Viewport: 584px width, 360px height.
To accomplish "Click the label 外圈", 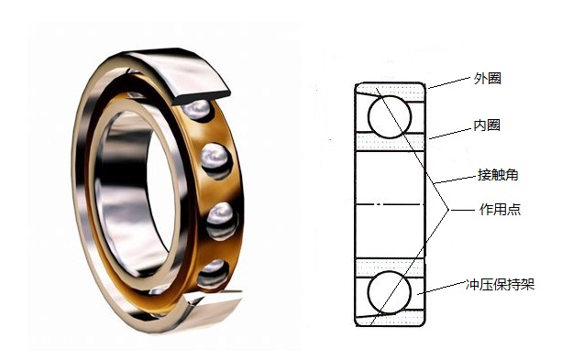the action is (x=487, y=79).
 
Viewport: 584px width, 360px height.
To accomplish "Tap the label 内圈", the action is (x=487, y=125).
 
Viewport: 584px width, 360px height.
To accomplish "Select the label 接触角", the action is (x=498, y=175).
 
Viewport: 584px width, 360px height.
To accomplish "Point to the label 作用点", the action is (x=500, y=210).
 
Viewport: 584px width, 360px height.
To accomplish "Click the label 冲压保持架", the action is (x=501, y=284).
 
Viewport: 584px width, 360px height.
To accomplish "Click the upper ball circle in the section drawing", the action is (x=390, y=95).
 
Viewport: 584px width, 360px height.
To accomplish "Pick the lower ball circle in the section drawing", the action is (x=390, y=271).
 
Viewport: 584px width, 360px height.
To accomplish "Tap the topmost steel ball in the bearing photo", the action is (x=197, y=109).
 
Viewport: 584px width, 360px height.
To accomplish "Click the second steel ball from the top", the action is (x=215, y=159).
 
